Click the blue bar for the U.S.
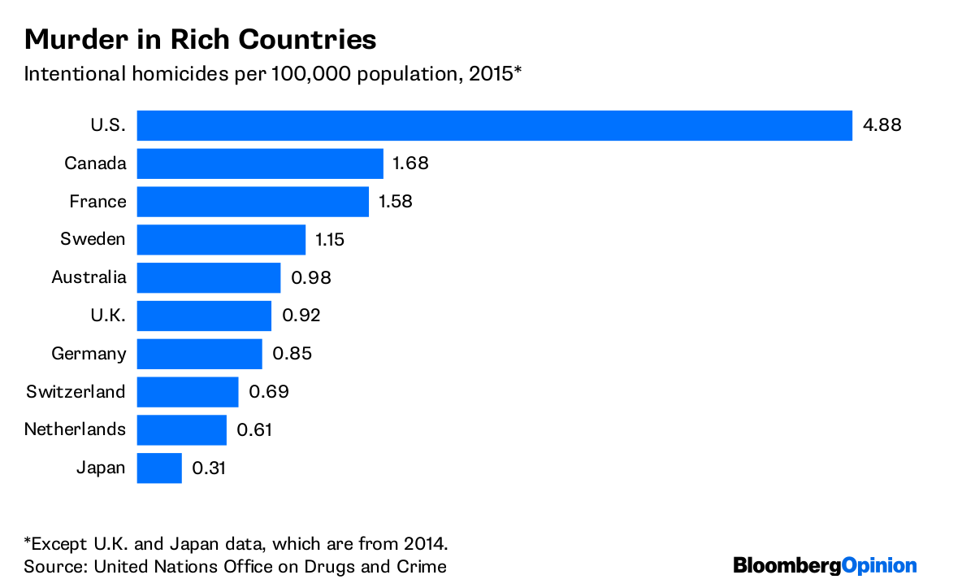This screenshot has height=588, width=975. [x=494, y=126]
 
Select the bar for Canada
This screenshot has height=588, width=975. [x=260, y=163]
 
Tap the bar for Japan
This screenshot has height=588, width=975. [x=159, y=468]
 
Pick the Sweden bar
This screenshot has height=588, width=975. [x=221, y=239]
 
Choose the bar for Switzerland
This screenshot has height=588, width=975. [x=188, y=391]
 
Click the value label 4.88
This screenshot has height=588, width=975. [x=882, y=126]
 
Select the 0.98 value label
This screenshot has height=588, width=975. [x=310, y=277]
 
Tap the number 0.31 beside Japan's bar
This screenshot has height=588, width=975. [x=209, y=468]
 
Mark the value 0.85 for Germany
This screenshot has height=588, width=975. [x=292, y=354]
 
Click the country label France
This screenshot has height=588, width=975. [x=97, y=202]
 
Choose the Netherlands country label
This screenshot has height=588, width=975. [x=75, y=429]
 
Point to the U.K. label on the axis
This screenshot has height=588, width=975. [x=106, y=316]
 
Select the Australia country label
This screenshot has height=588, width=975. [x=89, y=277]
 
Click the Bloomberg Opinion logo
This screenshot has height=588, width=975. [x=825, y=566]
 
